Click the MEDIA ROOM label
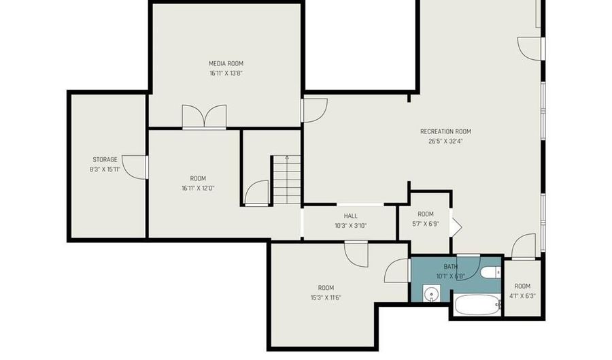click(226, 63)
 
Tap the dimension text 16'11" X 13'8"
click(226, 72)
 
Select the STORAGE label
click(105, 160)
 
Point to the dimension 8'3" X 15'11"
click(105, 169)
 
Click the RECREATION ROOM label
click(445, 132)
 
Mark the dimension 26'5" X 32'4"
click(445, 142)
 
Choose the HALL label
click(350, 216)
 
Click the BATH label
click(450, 267)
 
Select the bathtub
click(477, 305)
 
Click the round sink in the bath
click(429, 294)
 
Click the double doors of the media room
click(204, 116)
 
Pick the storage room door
click(138, 167)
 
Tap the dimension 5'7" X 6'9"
click(426, 223)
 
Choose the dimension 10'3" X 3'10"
click(350, 226)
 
